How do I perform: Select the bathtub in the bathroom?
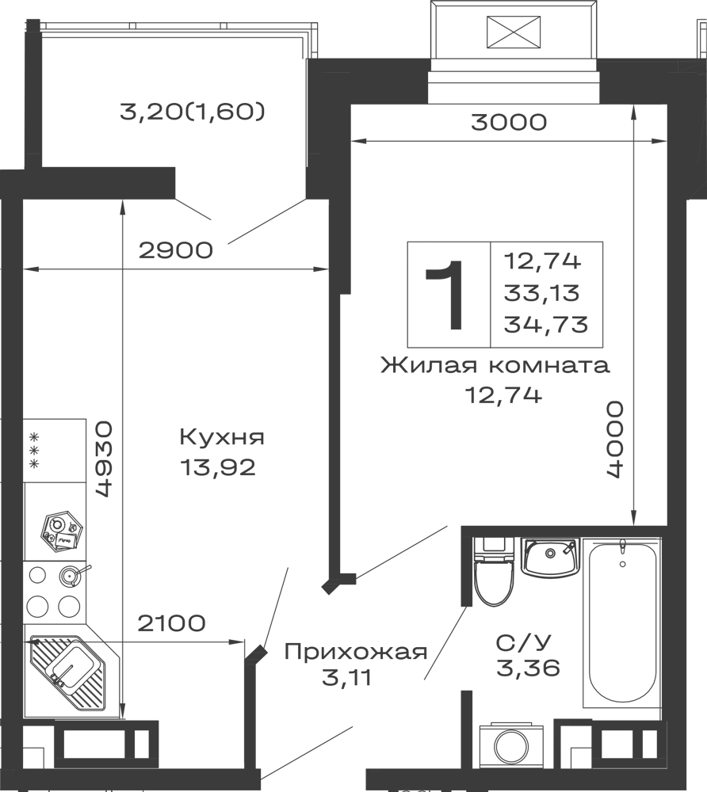point(624,626)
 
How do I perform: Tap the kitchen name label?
point(221,438)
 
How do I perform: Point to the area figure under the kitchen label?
point(221,469)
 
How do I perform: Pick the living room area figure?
point(503,394)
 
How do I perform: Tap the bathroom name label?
point(521,642)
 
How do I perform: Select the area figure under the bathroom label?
point(529,669)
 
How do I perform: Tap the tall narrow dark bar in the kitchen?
point(105,459)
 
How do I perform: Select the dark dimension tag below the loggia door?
point(174,252)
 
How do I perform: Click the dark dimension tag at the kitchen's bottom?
point(170,624)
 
